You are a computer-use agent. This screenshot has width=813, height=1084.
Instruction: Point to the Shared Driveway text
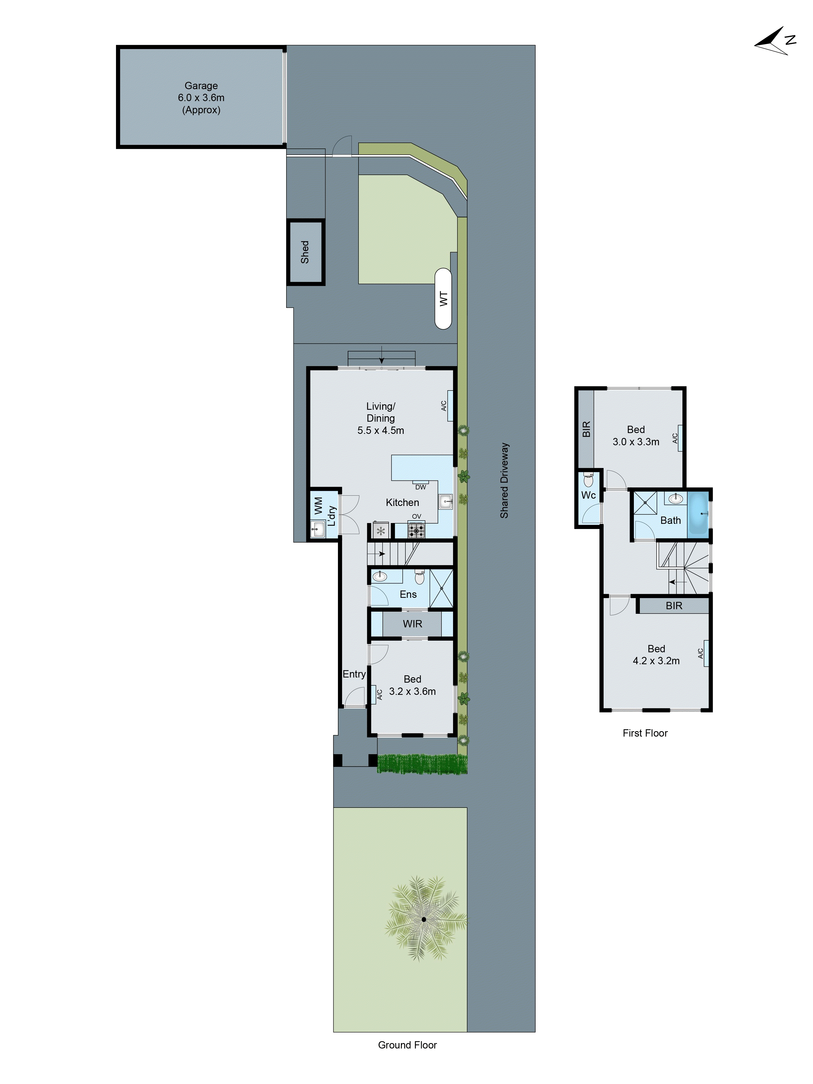click(504, 480)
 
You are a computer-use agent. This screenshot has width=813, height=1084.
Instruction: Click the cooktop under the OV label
click(416, 531)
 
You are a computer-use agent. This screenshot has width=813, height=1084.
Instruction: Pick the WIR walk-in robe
click(412, 624)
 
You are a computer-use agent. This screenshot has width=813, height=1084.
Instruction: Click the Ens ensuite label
click(408, 594)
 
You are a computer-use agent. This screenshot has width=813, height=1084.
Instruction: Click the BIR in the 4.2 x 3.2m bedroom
click(673, 606)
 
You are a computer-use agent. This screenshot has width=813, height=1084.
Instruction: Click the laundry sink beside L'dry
click(318, 529)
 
